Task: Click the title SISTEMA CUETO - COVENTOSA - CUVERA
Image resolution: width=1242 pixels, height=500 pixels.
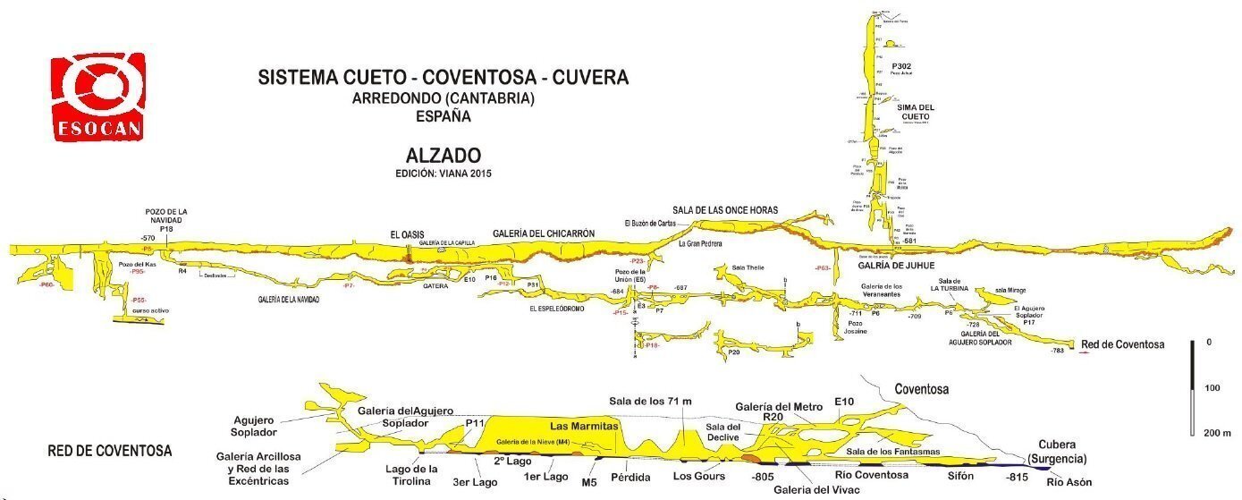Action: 443,78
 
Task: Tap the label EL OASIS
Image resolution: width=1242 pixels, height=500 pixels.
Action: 407,234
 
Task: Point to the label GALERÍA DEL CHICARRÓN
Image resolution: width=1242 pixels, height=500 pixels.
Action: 543,234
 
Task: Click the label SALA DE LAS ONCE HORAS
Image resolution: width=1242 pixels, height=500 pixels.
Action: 725,210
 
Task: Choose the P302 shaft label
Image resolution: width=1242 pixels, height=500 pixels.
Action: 900,67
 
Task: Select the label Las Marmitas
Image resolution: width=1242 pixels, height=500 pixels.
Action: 584,426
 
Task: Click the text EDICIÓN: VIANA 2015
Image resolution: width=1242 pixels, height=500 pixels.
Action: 443,173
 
